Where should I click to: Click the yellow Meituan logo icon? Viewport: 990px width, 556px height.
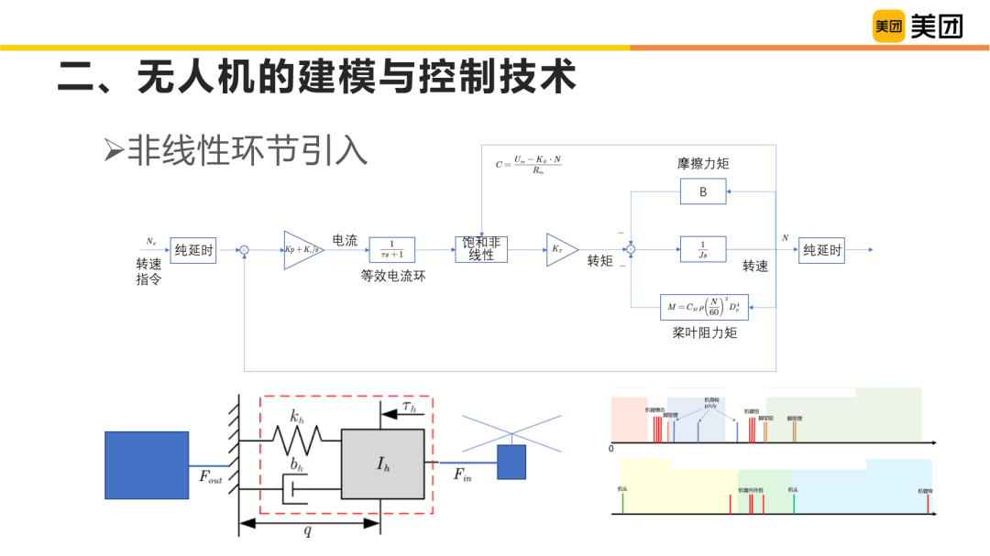coord(888,27)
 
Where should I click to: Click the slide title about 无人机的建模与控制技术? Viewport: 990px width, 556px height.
coord(316,77)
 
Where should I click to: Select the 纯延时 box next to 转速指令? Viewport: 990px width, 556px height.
coord(192,249)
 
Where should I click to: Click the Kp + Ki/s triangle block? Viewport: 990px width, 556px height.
coord(302,250)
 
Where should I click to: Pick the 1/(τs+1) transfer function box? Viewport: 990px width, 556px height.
coord(391,249)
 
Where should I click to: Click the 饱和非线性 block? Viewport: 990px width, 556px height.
coord(481,249)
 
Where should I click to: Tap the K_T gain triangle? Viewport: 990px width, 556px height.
coord(560,249)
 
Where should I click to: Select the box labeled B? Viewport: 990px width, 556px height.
coord(703,191)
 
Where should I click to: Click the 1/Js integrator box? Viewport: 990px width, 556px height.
coord(703,249)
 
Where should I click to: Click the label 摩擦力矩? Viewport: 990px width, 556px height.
coord(704,164)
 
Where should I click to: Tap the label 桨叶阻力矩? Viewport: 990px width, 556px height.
coord(704,333)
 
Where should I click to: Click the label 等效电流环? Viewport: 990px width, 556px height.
coord(393,276)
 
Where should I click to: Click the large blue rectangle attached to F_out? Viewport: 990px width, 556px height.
coord(147,465)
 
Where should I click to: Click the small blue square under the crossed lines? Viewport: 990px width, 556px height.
coord(511,463)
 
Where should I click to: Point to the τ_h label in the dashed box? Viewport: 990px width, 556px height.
coord(408,406)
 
